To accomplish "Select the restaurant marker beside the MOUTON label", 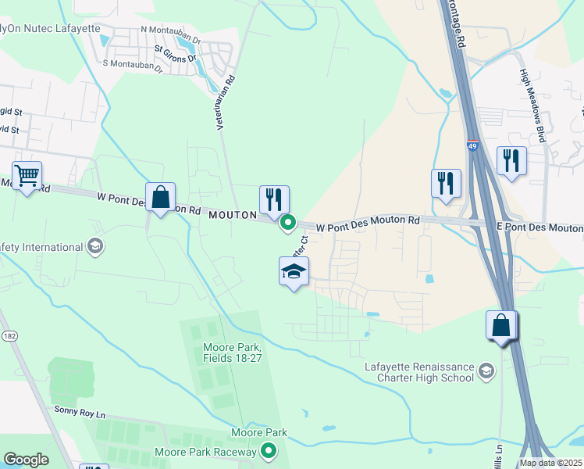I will coord(274,200).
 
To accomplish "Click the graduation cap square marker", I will coord(294,271).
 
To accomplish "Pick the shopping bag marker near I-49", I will coord(501,324).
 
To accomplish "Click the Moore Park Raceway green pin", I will coord(269,451).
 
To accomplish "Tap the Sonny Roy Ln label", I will coord(79,410).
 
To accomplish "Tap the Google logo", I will coord(27,460).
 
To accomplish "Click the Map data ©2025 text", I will coord(550,463).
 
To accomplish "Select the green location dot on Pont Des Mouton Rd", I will coord(288,223).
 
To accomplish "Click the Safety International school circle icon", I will coord(95,247).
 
